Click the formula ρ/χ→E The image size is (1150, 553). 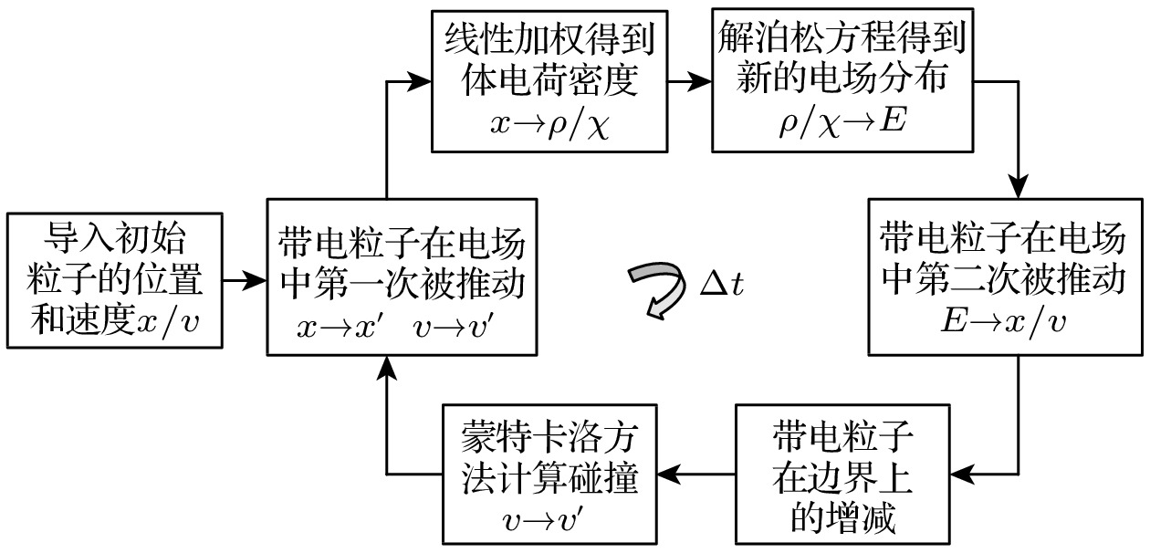coord(841,122)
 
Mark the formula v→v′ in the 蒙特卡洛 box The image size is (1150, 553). coord(550,521)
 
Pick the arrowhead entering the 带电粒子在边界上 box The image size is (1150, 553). coord(961,474)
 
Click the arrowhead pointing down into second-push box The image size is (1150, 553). coord(1019,183)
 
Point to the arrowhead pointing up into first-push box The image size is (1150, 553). coord(387,367)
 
